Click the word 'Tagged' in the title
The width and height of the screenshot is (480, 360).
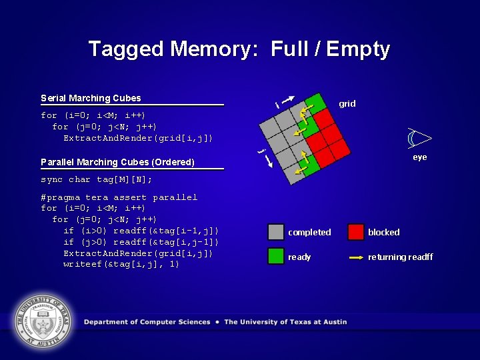tap(127, 49)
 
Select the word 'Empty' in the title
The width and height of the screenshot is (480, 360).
tap(358, 49)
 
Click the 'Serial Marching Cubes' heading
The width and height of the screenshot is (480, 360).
tap(91, 98)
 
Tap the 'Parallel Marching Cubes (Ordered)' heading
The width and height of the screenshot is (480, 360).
tap(117, 162)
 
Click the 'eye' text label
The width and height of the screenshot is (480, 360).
tap(419, 157)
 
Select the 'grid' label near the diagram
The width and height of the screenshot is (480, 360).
tap(347, 103)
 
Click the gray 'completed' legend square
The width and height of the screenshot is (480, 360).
tap(276, 231)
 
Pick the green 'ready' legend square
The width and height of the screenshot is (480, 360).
tap(276, 256)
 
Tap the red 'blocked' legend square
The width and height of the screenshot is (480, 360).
tap(356, 231)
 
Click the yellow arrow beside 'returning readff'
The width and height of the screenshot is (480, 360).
tap(356, 257)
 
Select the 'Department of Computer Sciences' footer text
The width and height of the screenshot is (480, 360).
tap(147, 322)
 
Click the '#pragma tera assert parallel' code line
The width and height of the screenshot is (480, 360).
tap(119, 197)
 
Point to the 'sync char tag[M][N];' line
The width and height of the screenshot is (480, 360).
tap(96, 179)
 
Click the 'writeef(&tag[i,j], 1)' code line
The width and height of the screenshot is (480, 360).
tap(121, 264)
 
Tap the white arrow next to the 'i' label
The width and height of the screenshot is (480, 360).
tap(288, 100)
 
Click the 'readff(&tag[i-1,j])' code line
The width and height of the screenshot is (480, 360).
tap(141, 231)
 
